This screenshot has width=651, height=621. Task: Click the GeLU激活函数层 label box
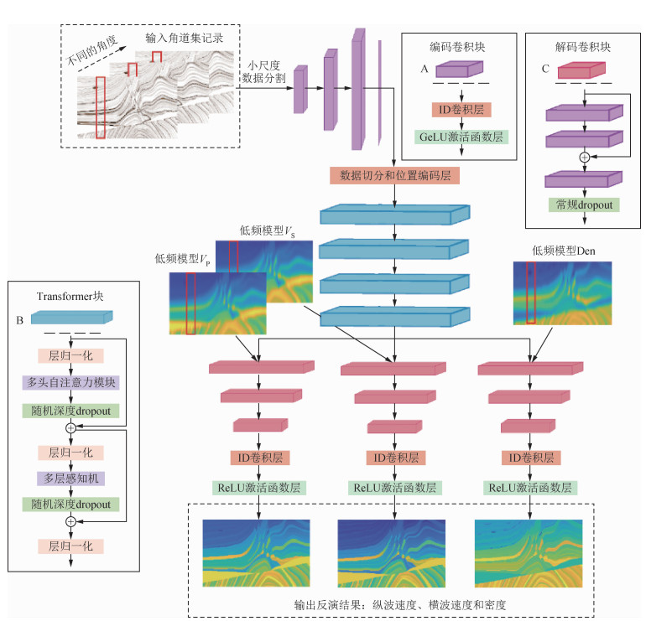(461, 136)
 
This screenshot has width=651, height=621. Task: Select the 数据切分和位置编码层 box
(394, 176)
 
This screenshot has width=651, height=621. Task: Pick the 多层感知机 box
(70, 478)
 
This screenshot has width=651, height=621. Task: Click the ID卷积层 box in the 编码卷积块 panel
(461, 110)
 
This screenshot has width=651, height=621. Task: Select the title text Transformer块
(70, 295)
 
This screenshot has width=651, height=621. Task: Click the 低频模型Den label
(562, 249)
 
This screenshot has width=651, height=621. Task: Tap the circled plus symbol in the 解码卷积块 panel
(585, 157)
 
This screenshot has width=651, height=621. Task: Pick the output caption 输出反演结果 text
(400, 603)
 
